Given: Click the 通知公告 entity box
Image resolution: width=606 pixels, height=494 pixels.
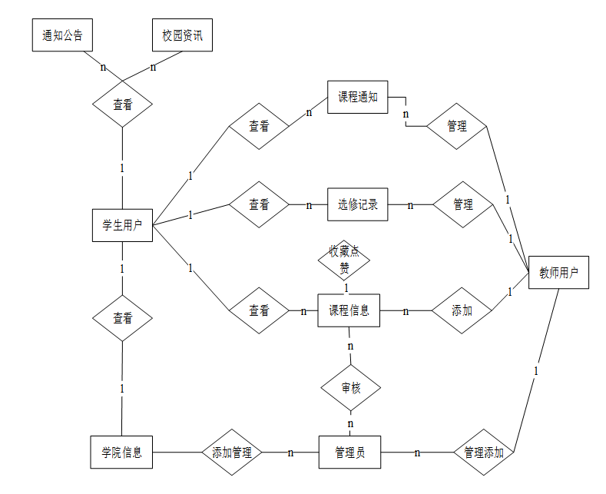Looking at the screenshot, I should pos(63,35).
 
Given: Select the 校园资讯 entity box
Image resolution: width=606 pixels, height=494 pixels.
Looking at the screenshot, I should pos(182,35).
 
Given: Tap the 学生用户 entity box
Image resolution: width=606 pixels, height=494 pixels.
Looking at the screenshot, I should pos(122,225).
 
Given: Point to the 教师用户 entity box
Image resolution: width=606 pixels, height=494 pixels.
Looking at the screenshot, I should pos(558,272).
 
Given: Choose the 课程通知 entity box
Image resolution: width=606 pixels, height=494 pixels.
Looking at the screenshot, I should pos(358,97).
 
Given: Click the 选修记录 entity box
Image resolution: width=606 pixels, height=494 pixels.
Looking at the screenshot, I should pos(358,205).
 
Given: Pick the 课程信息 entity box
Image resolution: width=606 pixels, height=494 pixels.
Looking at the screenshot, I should pos(349,310).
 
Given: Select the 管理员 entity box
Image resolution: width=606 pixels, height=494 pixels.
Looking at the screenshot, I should pos(350,453).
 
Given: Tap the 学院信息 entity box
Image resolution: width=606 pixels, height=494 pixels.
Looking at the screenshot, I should pos(121,452).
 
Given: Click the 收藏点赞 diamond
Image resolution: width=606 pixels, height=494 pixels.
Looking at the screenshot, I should pos(345,260).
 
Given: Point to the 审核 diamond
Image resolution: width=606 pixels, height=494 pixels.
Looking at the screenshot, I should pos(350,389).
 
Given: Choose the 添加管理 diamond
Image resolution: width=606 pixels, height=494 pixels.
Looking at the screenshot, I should pos(232,453).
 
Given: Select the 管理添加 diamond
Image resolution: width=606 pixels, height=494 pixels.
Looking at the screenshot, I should pos(484,453).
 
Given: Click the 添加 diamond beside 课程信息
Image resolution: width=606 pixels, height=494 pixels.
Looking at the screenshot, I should pos(462,310).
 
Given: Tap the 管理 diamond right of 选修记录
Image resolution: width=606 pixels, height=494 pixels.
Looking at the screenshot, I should pos(462,205).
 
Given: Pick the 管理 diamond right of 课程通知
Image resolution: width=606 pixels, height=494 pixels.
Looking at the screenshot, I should pos(457,125).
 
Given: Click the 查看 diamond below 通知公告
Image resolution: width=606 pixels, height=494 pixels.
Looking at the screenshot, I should pos(123,104).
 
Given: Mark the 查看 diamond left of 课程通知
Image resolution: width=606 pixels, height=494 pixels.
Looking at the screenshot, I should pos(260,125).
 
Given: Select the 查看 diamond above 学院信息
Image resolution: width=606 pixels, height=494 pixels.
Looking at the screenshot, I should pos(123,318).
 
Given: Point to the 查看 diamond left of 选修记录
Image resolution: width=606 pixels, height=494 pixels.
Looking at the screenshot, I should pos(260,205).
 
